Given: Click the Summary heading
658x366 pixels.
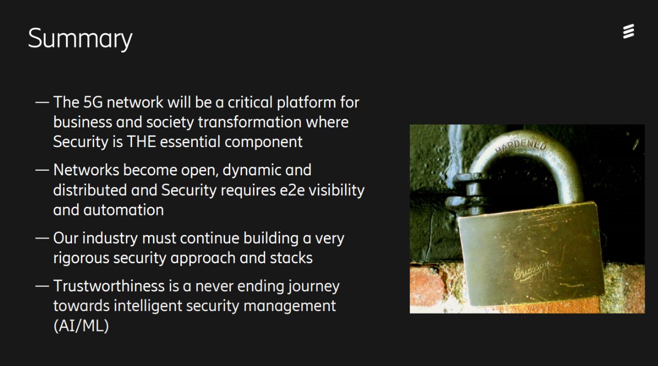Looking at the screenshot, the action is click(x=80, y=39).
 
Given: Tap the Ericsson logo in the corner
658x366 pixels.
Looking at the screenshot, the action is click(x=628, y=31).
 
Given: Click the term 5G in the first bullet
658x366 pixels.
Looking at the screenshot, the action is click(x=93, y=102).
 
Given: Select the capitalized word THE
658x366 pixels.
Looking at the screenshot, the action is click(x=141, y=141).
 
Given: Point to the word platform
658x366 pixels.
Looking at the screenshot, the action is click(x=306, y=103).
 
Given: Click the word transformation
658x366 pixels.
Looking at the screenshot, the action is click(x=250, y=122).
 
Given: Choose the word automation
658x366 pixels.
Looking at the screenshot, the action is click(x=123, y=210).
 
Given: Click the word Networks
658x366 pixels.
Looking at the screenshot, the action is click(x=86, y=170).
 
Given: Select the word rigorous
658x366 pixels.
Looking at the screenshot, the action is click(x=81, y=259).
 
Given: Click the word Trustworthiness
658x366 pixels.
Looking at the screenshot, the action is click(x=109, y=286).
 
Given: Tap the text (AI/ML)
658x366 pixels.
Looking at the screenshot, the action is click(x=81, y=326).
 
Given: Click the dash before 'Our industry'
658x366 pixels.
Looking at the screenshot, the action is click(x=42, y=238).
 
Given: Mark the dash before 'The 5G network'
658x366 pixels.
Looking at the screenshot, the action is click(x=42, y=102).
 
